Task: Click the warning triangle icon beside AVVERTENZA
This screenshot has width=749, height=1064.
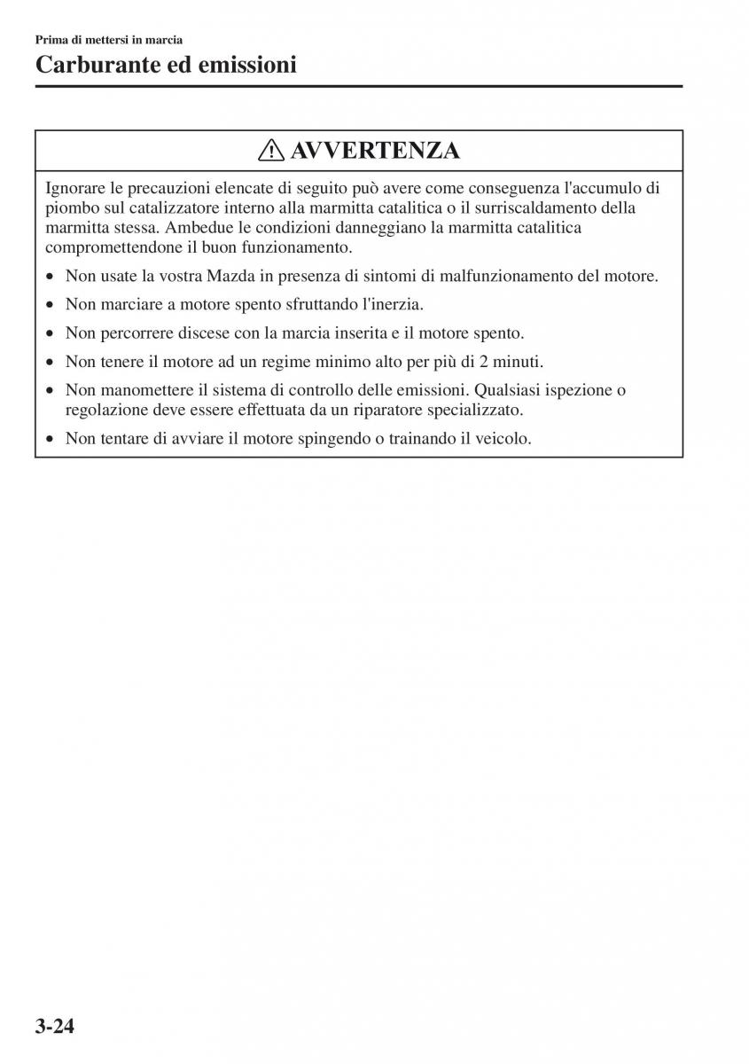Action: pos(271,151)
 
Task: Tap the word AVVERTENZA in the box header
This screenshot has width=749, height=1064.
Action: pos(374,151)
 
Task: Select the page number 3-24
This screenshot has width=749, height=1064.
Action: pos(55,1027)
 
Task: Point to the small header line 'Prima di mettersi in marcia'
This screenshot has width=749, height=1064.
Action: pos(109,40)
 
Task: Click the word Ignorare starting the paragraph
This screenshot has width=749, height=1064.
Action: pos(74,188)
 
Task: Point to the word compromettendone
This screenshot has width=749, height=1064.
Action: pos(105,247)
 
